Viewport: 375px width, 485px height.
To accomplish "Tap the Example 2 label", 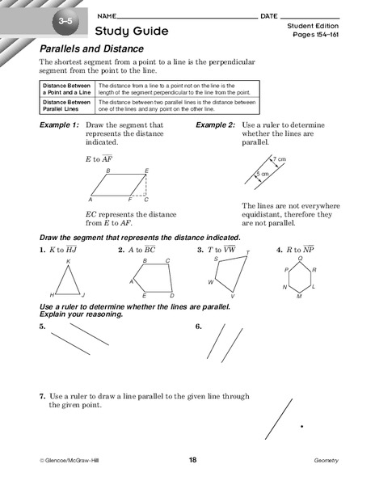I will pos(216,126).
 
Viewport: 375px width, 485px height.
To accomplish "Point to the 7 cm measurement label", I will pos(280,159).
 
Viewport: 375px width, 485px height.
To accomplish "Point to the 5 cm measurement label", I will pos(263,174).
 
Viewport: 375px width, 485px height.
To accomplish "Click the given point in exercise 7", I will pos(301,426).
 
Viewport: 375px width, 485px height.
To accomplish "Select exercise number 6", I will pos(198,327).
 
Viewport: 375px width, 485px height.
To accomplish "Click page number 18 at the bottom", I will pos(192,460).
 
